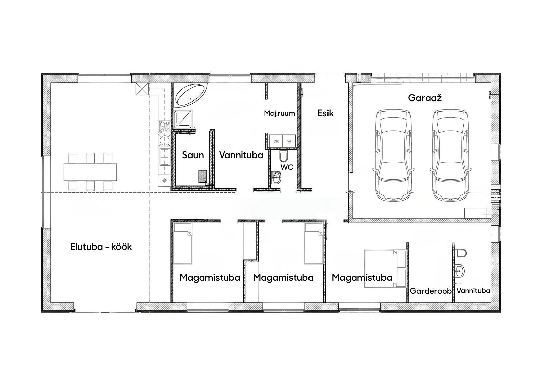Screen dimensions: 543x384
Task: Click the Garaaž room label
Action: tap(425, 98)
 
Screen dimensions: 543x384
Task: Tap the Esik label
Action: tap(325, 113)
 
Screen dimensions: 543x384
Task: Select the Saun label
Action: tap(193, 155)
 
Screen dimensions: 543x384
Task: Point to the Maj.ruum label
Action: tap(280, 113)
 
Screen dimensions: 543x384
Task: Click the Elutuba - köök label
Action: tap(101, 247)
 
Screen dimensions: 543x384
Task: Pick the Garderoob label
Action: tap(431, 291)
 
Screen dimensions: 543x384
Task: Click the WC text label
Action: tap(287, 167)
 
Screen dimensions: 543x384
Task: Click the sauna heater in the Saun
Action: tap(203, 176)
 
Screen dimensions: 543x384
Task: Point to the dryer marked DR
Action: tap(276, 141)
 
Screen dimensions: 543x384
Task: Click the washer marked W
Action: tap(289, 141)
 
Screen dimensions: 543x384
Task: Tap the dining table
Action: tap(90, 172)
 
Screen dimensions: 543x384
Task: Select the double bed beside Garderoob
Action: tap(385, 269)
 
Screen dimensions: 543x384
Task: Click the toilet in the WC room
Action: tap(283, 156)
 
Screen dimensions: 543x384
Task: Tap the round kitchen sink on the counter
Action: tap(164, 140)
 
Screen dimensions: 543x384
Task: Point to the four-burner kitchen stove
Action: tap(164, 127)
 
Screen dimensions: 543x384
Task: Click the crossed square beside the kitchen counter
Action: tap(142, 89)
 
